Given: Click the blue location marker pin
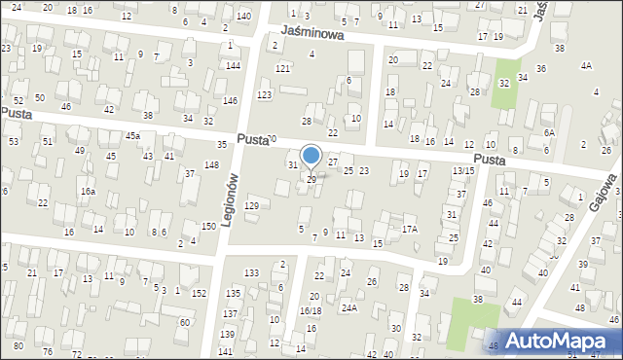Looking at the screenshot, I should click(311, 155).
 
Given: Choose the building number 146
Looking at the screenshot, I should click(231, 100).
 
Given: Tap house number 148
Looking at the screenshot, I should click(211, 164).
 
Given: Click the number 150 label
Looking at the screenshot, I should click(208, 226).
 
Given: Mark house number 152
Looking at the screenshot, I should click(199, 292).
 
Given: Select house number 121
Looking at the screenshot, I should click(282, 68).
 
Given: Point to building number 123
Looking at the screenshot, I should click(264, 94).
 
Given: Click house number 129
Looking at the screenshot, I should click(251, 205).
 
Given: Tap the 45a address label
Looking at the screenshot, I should click(132, 135).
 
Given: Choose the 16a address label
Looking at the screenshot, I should click(88, 192).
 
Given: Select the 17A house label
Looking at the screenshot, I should click(410, 229).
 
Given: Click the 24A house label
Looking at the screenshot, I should click(348, 308).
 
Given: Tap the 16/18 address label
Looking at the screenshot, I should click(311, 310).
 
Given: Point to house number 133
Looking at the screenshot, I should click(252, 272).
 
